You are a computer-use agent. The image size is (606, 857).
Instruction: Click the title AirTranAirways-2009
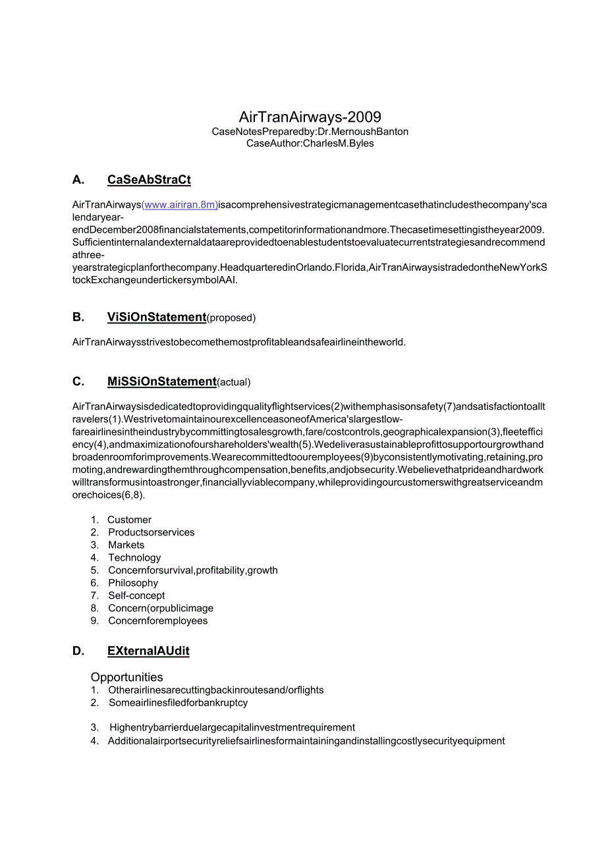coord(310,117)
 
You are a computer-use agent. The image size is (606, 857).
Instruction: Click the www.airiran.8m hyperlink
coord(180,205)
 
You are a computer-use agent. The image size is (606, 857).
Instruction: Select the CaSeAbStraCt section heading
coord(149,180)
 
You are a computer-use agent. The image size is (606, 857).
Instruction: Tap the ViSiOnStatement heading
coord(157,317)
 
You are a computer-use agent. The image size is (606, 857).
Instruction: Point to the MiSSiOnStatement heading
coord(161,381)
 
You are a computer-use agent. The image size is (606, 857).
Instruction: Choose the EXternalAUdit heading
coord(148,651)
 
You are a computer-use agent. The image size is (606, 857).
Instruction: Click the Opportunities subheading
coord(127,677)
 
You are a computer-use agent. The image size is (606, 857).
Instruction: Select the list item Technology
coord(134,557)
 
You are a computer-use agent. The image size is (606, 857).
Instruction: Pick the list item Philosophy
coord(133,583)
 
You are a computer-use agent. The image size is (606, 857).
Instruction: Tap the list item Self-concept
coord(136,595)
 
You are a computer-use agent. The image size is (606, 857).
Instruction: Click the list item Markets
coord(126,545)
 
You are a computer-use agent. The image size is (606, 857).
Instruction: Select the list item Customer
coord(129,520)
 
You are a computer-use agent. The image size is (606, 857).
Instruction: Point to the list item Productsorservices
coord(151,532)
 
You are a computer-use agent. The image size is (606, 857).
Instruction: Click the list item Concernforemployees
coord(158,621)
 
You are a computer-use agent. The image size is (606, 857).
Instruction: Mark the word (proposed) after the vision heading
coord(231,318)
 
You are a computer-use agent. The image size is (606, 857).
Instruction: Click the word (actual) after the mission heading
coord(234,382)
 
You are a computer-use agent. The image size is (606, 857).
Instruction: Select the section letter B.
coord(78,317)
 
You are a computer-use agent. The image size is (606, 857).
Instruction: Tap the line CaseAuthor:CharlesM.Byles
coord(310,144)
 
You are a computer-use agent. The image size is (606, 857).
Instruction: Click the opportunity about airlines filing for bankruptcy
coord(179,703)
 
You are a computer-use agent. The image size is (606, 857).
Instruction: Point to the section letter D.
coord(78,651)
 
